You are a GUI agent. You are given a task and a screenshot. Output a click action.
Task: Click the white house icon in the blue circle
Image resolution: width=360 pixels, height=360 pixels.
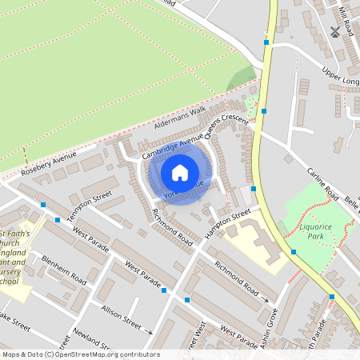[x=180, y=172]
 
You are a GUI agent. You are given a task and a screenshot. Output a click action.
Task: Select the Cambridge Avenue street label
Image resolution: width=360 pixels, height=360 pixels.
[x=172, y=147]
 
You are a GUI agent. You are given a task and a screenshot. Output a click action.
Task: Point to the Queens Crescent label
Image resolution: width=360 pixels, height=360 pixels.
[x=227, y=125]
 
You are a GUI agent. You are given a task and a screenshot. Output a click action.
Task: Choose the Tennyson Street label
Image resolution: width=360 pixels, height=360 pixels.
[x=90, y=203]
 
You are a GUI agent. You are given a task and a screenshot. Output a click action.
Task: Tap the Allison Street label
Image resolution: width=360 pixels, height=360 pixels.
[x=120, y=315]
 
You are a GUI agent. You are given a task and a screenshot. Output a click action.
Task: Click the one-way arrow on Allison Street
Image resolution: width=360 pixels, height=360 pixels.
[x=148, y=330]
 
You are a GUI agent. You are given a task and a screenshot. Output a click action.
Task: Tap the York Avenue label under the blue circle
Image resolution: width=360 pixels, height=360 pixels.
[x=183, y=190]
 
